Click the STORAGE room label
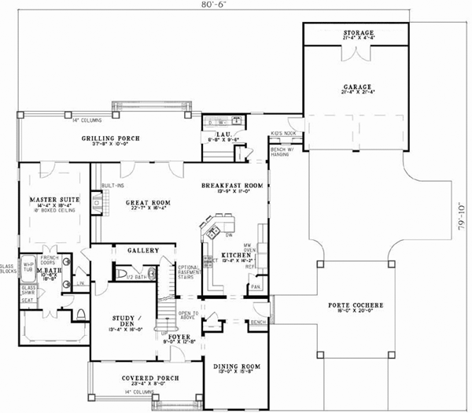357,34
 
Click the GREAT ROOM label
143,201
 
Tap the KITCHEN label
235,256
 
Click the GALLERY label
144,250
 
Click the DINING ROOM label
235,367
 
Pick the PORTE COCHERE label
352,304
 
